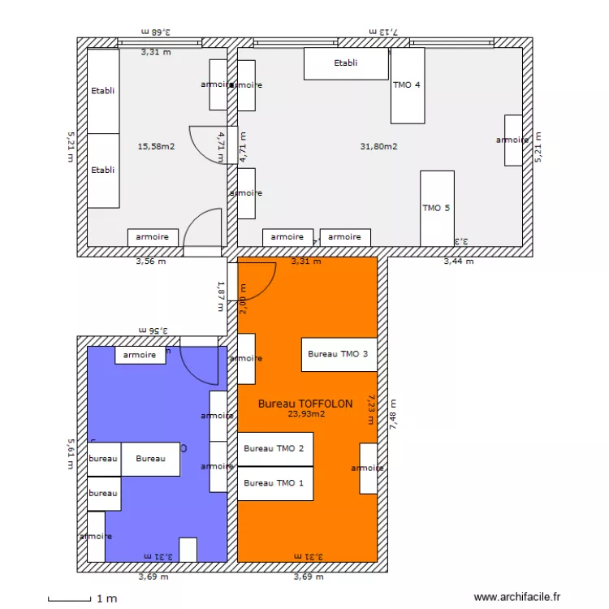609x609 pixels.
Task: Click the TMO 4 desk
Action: tap(408, 85)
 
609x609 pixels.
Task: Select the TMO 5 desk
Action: tap(437, 208)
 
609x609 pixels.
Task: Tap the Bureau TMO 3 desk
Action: tap(339, 354)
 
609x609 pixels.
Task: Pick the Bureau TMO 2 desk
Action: tap(274, 449)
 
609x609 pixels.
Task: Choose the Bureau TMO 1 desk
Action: tap(274, 483)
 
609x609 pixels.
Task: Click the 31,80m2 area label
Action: tap(378, 147)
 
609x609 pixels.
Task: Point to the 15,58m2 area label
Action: tap(157, 147)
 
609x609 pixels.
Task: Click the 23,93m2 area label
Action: tap(306, 413)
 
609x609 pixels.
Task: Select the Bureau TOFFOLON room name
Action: tap(305, 403)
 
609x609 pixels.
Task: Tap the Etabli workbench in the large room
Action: tap(346, 63)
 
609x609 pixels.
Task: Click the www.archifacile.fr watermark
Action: tap(517, 597)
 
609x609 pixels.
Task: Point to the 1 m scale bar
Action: tap(69, 599)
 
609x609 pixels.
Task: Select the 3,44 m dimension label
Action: tap(459, 261)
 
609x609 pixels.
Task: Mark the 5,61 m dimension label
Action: tap(70, 454)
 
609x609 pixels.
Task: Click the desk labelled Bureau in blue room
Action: tap(150, 459)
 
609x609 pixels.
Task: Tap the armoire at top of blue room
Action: tap(140, 355)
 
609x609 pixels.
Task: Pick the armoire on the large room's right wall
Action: tap(513, 140)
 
